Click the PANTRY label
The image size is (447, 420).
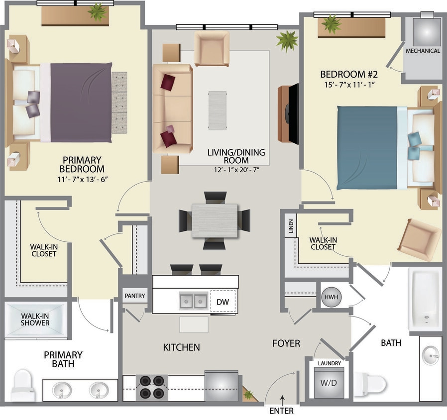pos(135,296)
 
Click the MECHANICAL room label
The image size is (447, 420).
pos(423,51)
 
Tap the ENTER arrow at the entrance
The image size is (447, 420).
pos(282,398)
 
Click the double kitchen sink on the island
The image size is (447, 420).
pos(194,301)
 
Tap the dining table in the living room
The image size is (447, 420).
pos(215,220)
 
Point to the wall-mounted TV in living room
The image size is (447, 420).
pos(293,114)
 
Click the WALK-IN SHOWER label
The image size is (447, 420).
pos(35,319)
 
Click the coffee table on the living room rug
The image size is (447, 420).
pos(217,110)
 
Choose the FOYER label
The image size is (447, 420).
pos(286,343)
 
